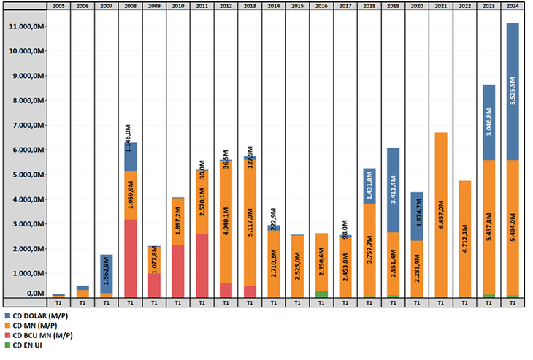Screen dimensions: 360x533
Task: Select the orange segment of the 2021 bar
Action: [x=441, y=215]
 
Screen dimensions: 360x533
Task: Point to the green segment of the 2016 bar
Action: [x=321, y=294]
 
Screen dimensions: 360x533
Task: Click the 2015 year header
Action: [x=298, y=6]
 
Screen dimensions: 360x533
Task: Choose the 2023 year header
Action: [x=488, y=6]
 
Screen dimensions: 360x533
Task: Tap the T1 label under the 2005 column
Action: [x=58, y=302]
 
